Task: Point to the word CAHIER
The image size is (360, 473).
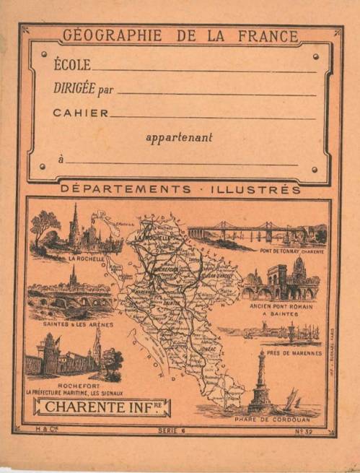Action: click(x=81, y=113)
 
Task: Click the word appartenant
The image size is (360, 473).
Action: click(x=179, y=137)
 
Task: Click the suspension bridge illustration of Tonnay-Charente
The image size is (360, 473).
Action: click(x=249, y=231)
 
